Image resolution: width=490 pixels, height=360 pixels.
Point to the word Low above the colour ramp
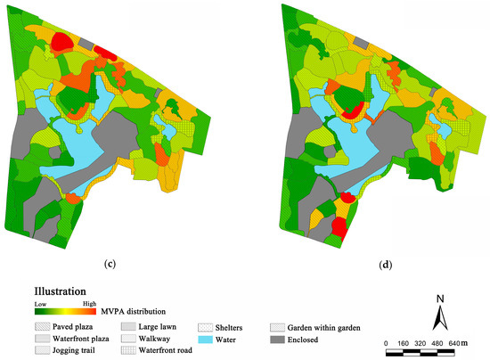tap(40, 303)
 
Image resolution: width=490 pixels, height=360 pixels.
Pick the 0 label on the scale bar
tap(386, 342)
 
